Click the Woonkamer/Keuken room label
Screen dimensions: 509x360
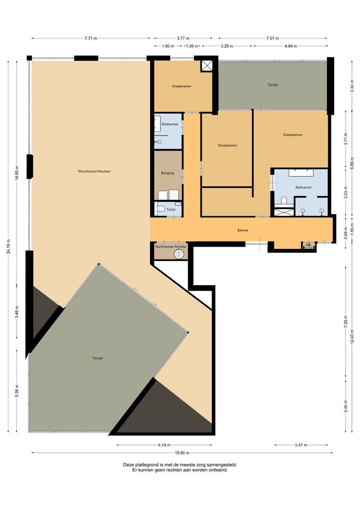coord(94,171)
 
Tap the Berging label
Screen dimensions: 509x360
coord(167,173)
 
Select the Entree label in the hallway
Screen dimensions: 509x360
coord(243,230)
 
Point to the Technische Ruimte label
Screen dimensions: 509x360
coord(171,247)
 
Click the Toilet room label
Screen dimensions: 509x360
coord(171,209)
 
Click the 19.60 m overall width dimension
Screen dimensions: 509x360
coord(182,453)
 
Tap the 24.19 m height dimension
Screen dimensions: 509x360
coord(8,251)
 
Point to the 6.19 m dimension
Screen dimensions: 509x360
coord(164,445)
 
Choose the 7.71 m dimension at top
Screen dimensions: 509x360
coord(91,38)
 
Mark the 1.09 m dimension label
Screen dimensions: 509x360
coord(192,46)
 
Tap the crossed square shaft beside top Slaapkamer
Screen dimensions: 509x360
coord(207,66)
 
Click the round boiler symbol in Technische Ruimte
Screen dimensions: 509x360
coord(179,254)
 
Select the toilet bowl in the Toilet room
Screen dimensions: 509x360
coord(160,209)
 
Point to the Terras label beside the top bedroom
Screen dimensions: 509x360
coord(272,85)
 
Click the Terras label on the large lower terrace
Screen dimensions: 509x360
coord(98,358)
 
